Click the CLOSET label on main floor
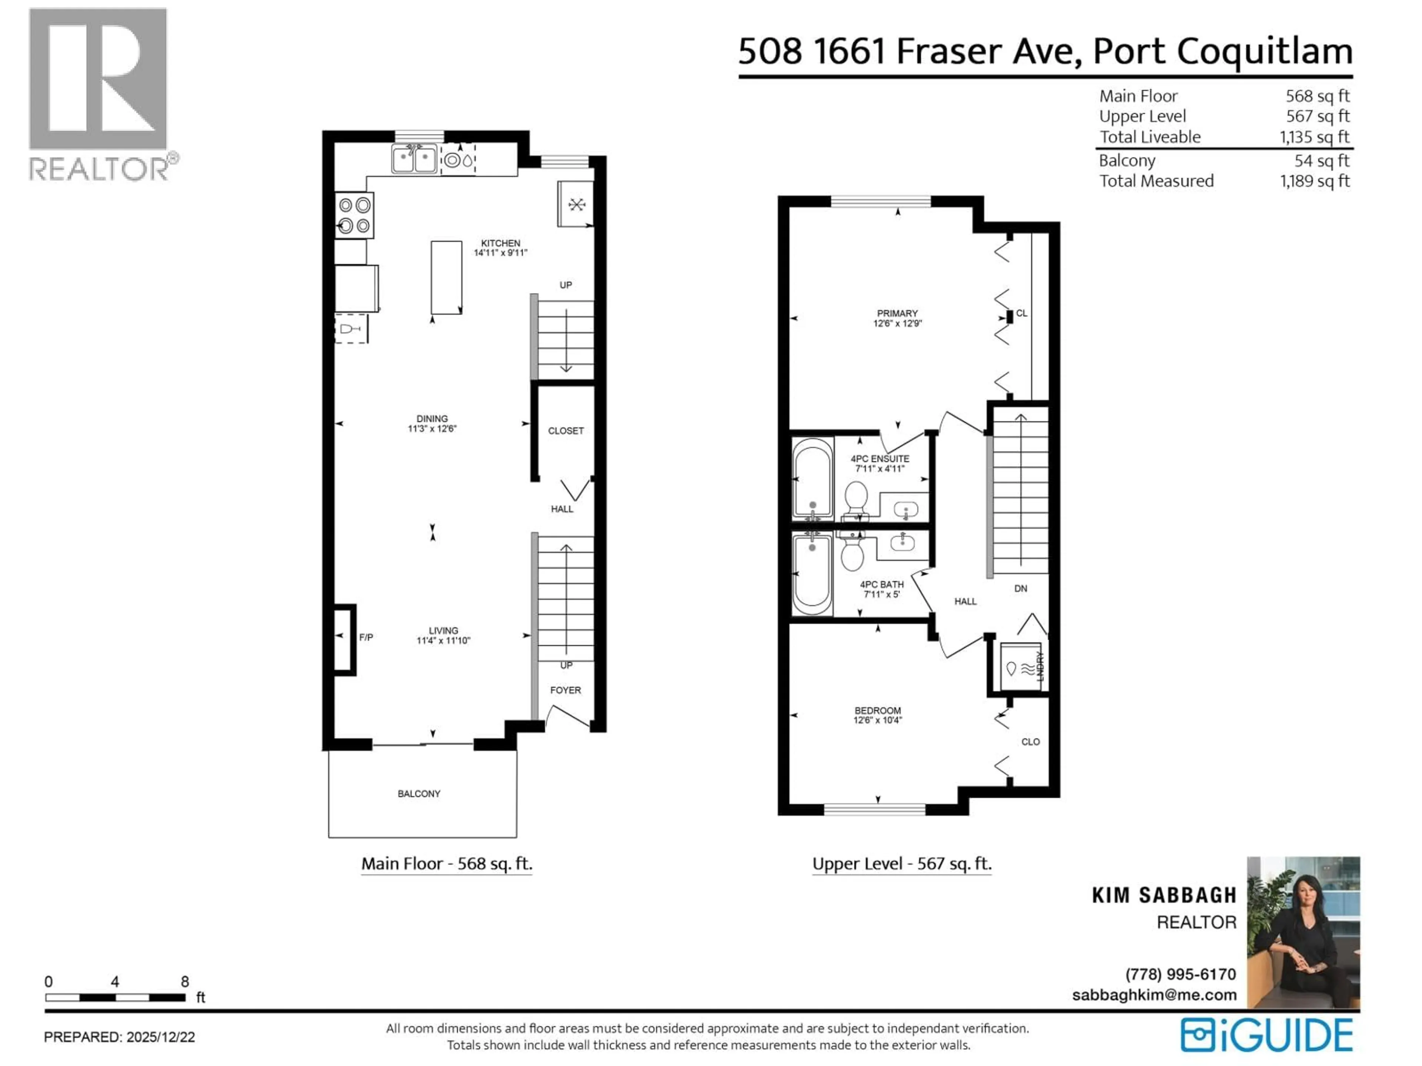(x=566, y=430)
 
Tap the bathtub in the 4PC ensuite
(x=812, y=478)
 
